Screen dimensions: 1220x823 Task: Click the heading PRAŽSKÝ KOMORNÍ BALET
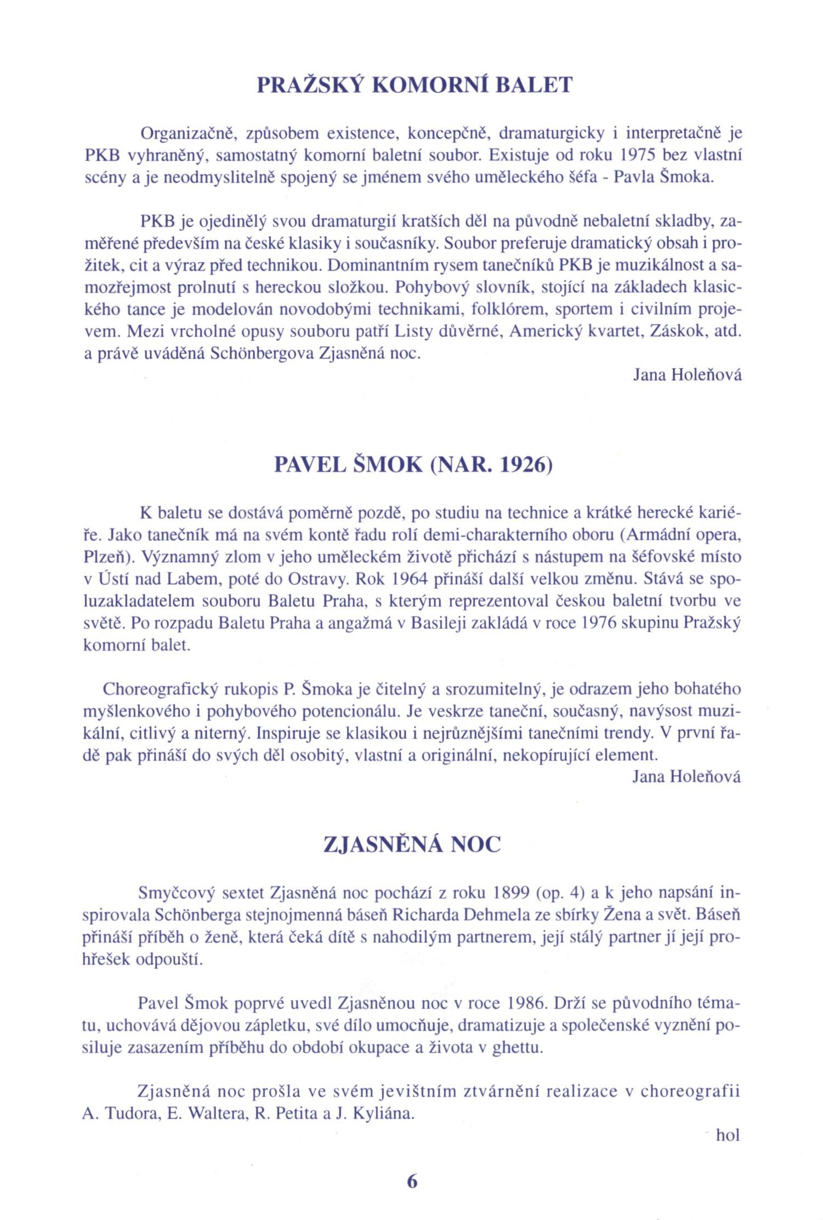click(x=415, y=86)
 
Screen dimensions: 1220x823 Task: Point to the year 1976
click(x=601, y=624)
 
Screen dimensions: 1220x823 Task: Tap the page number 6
click(x=412, y=1181)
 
